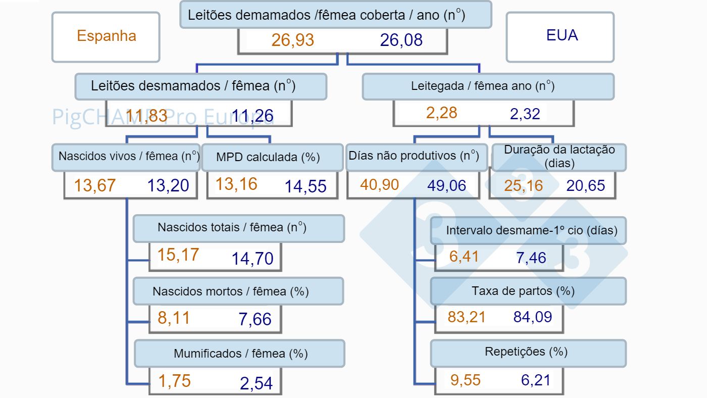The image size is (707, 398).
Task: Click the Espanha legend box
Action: (x=106, y=36)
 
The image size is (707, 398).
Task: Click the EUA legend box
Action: (x=561, y=36)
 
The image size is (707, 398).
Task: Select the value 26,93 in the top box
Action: (x=293, y=40)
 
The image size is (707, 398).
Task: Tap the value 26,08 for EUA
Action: (x=401, y=40)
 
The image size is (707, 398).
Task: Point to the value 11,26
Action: (x=252, y=117)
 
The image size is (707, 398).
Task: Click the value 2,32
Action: (x=525, y=113)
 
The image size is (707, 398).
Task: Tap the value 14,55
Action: (x=306, y=186)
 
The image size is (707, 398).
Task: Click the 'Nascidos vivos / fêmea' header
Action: (x=126, y=157)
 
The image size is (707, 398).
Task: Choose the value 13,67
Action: (x=95, y=185)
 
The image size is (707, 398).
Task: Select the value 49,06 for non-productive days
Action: (x=447, y=185)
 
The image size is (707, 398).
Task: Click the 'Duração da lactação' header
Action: (x=559, y=157)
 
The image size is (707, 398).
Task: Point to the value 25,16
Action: (x=523, y=185)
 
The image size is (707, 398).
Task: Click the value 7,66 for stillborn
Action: (x=255, y=319)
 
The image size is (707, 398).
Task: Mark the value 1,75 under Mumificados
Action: (x=174, y=381)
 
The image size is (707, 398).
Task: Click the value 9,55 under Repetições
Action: (x=465, y=380)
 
